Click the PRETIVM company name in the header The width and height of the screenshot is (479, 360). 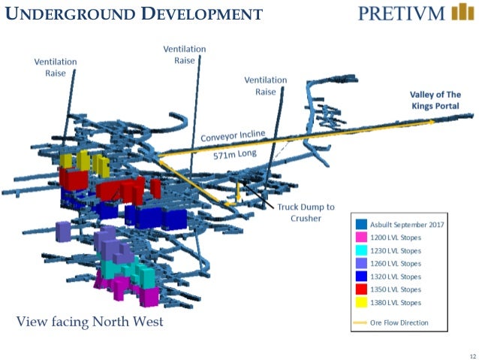pos(401,14)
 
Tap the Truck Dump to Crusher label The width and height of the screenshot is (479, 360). pos(306,213)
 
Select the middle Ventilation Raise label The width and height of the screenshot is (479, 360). pos(184,55)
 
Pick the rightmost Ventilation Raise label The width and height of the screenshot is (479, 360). pos(265,86)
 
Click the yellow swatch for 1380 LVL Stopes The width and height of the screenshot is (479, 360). pos(363,302)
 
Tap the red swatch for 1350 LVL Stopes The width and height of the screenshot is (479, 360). pos(363,289)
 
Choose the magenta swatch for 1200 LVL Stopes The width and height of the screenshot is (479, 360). pos(363,237)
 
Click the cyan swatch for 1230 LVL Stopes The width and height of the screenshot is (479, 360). pos(363,250)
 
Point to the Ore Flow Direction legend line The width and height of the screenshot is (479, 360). pos(363,322)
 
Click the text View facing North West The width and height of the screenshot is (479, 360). pos(90,322)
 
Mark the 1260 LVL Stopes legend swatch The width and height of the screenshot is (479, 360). pos(363,264)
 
